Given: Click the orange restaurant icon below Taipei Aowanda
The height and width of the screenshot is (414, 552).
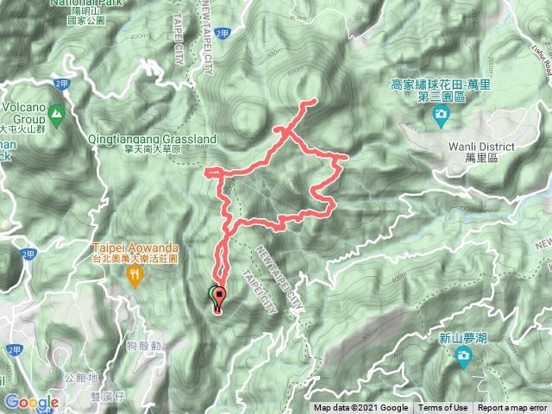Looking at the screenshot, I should (135, 275).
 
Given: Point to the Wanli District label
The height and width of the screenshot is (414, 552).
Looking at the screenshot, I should (481, 147).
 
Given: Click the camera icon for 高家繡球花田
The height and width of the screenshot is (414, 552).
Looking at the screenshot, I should (441, 115).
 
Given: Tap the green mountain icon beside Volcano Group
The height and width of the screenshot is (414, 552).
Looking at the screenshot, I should (57, 113).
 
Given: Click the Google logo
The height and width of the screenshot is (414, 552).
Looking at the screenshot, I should (31, 403).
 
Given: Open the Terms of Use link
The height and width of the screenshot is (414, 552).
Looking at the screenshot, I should (443, 408).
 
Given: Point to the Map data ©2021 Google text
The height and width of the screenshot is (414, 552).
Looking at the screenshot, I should (361, 408).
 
